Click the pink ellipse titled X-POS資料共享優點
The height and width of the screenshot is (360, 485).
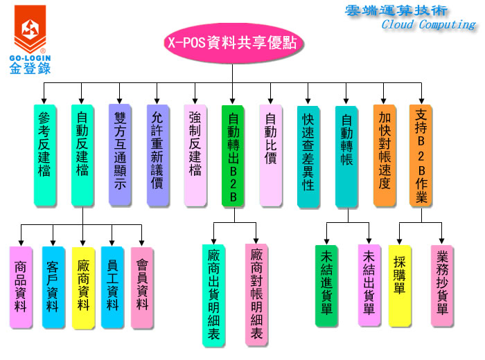pos(232,42)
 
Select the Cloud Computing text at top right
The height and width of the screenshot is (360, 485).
pos(428,24)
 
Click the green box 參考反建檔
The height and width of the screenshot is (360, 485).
pos(44,155)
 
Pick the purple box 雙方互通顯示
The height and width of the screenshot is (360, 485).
pos(120,154)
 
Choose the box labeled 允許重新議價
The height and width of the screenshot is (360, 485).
pos(157,155)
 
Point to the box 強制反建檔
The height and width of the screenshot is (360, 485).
pos(195,155)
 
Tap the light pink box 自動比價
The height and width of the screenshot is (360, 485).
pos(270,154)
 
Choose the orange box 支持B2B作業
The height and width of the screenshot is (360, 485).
pos(421,155)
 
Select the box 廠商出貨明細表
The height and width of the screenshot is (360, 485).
pos(214,294)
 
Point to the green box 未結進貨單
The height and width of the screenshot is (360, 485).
pos(326,285)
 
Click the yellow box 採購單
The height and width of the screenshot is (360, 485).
pos(400,285)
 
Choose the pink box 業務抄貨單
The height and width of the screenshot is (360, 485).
pos(442,285)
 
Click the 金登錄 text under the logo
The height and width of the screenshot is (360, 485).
pos(30,67)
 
